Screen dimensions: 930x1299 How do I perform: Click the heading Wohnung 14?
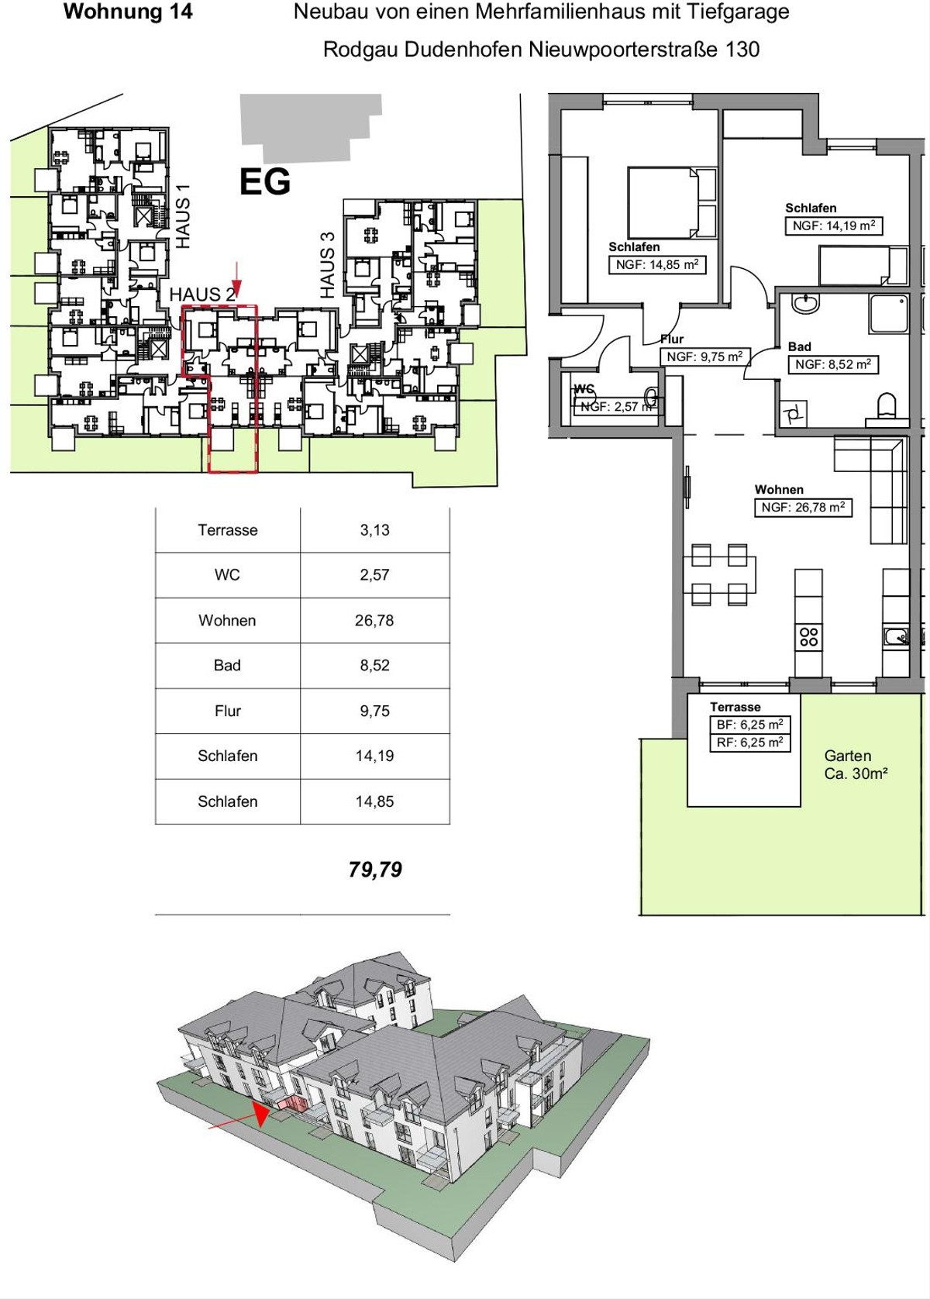tap(128, 12)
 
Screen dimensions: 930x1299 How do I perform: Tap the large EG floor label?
tap(265, 182)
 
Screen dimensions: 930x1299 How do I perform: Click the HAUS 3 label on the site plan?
tap(327, 265)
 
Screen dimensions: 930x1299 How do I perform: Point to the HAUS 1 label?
tap(183, 216)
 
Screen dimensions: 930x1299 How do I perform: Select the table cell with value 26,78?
tap(374, 621)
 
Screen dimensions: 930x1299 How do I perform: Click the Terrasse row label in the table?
tap(227, 530)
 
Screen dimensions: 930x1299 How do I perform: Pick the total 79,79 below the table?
tap(375, 870)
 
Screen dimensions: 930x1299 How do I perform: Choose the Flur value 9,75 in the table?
tap(374, 711)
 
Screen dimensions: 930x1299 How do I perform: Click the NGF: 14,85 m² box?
tap(657, 264)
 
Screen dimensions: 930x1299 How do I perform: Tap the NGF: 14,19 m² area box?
tap(834, 226)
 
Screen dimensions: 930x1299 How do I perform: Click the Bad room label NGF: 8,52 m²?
tap(833, 364)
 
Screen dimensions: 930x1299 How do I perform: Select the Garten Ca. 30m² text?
tap(856, 764)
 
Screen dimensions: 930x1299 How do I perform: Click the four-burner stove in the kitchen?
tap(809, 637)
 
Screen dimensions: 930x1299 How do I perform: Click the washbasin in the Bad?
tap(805, 303)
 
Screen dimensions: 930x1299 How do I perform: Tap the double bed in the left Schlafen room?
tap(672, 202)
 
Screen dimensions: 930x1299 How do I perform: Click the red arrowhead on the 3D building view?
tap(261, 1115)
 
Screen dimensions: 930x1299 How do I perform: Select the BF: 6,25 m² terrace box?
tap(749, 725)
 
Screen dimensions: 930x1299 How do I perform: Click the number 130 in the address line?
tap(742, 50)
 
